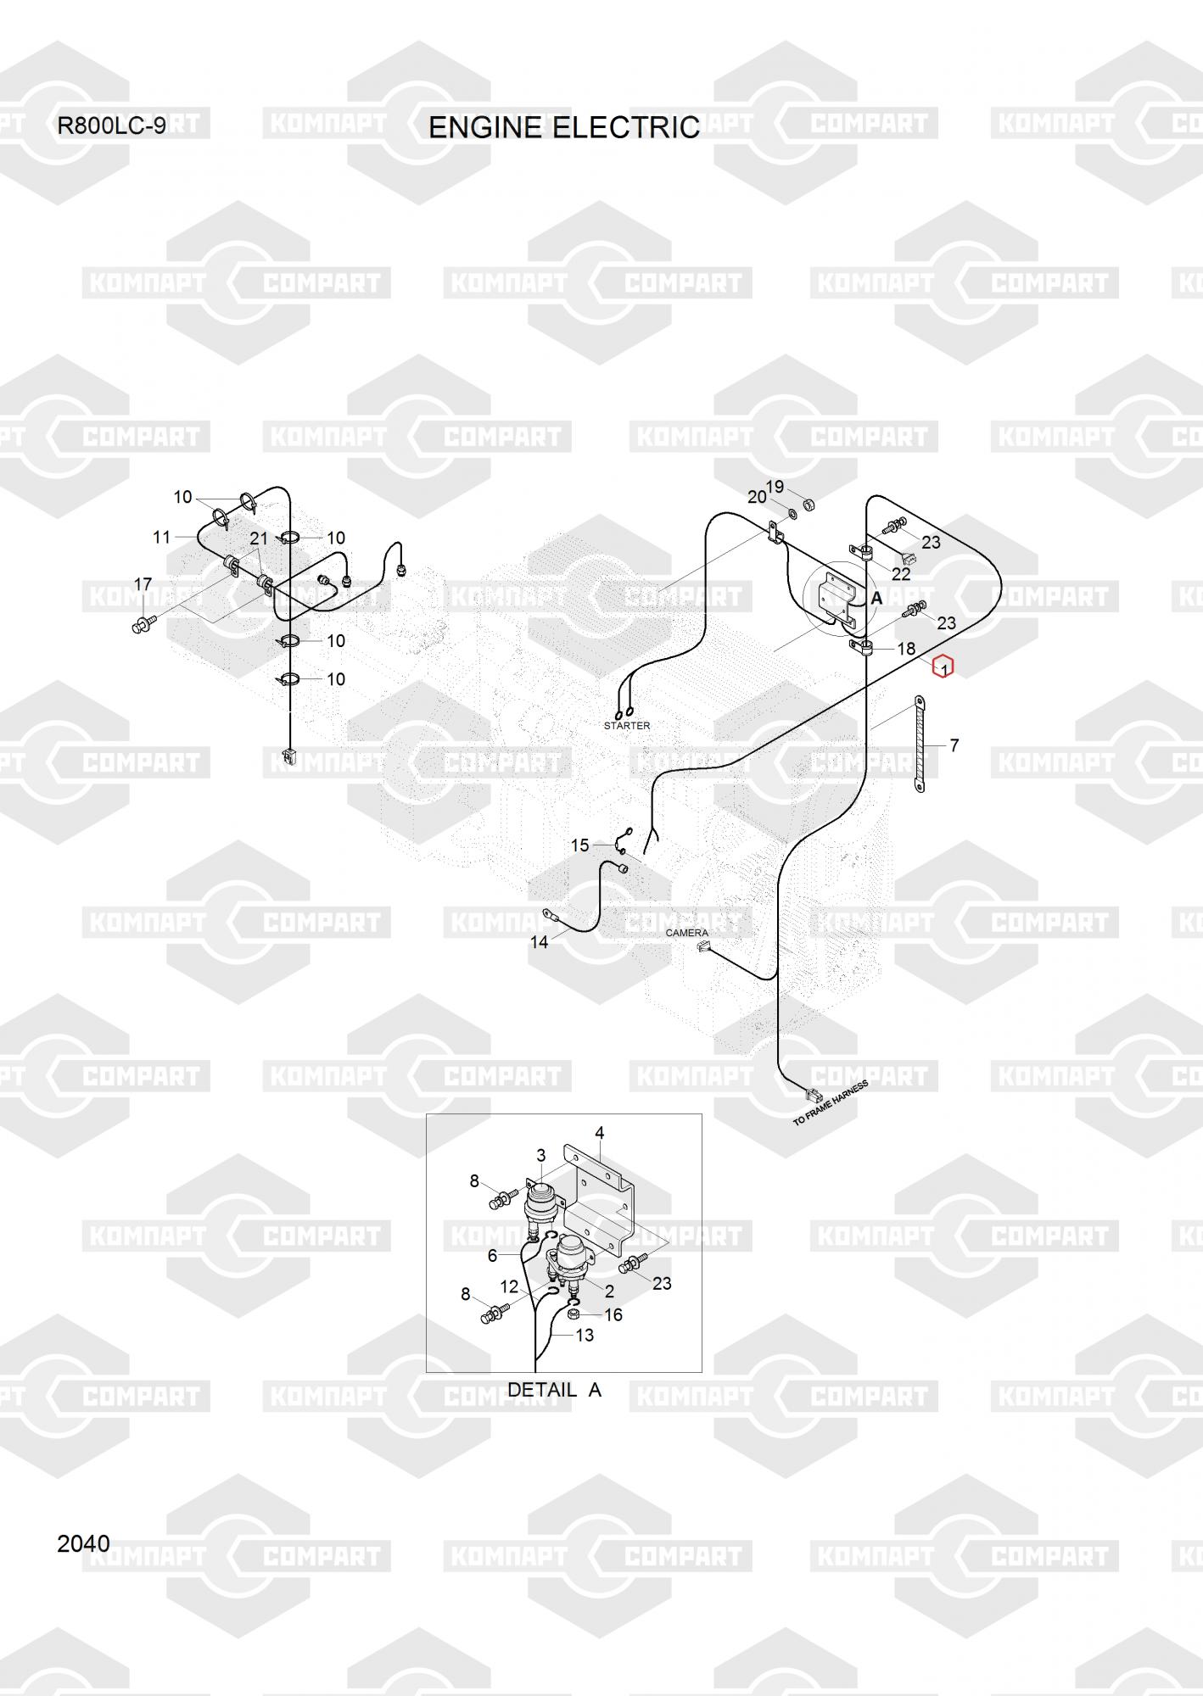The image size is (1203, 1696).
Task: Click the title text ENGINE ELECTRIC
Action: pos(564,127)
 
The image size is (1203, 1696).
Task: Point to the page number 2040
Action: pos(83,1544)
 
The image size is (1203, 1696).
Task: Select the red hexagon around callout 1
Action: pos(943,668)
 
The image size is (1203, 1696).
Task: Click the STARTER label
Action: pos(627,726)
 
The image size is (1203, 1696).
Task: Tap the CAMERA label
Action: pos(686,933)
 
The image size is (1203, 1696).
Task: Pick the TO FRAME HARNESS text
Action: pos(831,1103)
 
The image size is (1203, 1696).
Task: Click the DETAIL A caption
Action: pos(554,1390)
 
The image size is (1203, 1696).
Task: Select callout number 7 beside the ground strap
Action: pos(954,745)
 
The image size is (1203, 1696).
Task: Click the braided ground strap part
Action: pos(919,745)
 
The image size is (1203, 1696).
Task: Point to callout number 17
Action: pos(143,584)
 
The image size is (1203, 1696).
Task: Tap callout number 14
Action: pos(539,941)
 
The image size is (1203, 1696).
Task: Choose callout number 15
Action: pos(579,845)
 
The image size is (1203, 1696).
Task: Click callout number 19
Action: pos(775,487)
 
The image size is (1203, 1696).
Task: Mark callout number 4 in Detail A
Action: pos(600,1133)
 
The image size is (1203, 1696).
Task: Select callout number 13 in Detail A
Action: pos(585,1335)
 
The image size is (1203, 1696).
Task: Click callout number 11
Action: pos(162,537)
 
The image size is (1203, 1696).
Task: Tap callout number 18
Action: pos(906,649)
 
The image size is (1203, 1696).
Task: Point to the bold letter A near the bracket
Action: pos(877,599)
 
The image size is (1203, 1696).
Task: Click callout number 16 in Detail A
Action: pos(613,1314)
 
